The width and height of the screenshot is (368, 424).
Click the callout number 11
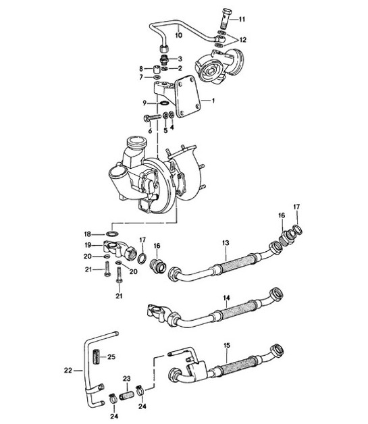pyautogui.click(x=242, y=18)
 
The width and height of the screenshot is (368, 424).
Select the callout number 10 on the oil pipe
pyautogui.click(x=179, y=34)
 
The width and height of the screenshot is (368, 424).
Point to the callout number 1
pyautogui.click(x=213, y=101)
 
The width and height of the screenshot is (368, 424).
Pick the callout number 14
pyautogui.click(x=226, y=297)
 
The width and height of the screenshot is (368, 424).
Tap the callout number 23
pyautogui.click(x=126, y=379)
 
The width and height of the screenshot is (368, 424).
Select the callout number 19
pyautogui.click(x=87, y=244)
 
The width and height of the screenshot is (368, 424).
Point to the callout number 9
pyautogui.click(x=144, y=103)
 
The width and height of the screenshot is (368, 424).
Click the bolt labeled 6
pyautogui.click(x=150, y=120)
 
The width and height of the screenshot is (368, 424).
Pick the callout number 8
pyautogui.click(x=140, y=69)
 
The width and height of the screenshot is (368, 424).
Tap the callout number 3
pyautogui.click(x=180, y=59)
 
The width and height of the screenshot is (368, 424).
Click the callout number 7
pyautogui.click(x=140, y=78)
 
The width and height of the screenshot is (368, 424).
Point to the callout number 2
pyautogui.click(x=180, y=68)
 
